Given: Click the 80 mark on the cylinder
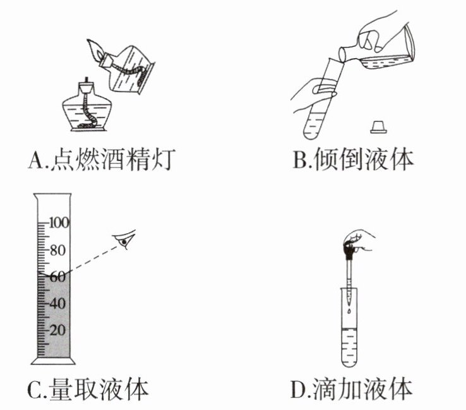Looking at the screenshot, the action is [x=58, y=250].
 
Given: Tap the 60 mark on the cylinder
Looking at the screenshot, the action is [x=58, y=276].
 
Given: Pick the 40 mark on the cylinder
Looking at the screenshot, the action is [x=58, y=303].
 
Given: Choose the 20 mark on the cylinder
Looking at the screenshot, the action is [x=58, y=329].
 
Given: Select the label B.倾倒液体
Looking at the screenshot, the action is [x=354, y=160].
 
